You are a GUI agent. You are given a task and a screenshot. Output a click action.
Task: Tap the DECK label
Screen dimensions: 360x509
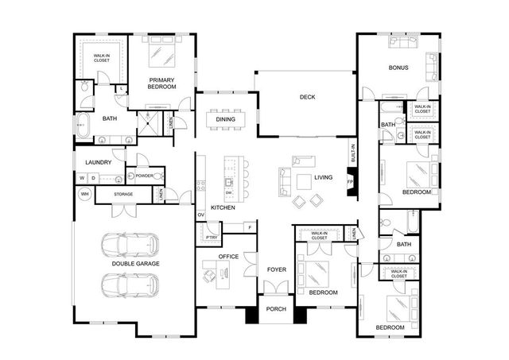click(307, 98)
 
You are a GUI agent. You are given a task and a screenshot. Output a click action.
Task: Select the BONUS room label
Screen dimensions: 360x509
click(398, 68)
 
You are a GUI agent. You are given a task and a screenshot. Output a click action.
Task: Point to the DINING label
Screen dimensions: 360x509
click(225, 120)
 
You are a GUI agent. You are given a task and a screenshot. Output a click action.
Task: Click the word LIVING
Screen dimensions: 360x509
click(323, 177)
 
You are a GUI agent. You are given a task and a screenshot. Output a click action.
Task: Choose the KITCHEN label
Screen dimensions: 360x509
click(223, 207)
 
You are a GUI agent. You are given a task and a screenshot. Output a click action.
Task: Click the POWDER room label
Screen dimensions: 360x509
click(145, 176)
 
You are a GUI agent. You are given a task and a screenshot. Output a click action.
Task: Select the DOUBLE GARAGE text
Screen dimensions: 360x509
click(135, 263)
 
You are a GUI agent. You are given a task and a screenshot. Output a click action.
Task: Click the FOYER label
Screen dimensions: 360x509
click(276, 269)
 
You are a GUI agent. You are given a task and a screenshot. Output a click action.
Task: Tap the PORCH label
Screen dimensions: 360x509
click(276, 309)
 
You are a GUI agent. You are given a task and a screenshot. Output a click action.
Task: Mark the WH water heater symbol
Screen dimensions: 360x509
click(84, 194)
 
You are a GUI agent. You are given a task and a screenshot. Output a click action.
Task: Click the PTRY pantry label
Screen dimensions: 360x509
click(211, 237)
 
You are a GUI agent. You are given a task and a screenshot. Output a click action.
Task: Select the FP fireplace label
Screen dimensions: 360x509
click(349, 182)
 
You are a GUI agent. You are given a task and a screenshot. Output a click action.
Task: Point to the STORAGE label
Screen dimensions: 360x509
click(123, 194)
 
